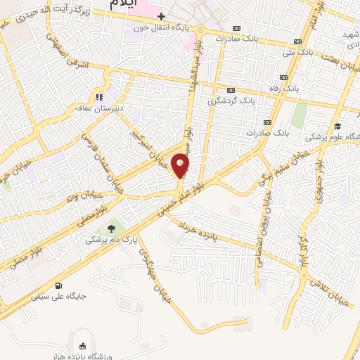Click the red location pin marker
(181, 166)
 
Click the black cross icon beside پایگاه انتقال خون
(161, 15)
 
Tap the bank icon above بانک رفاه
(284, 77)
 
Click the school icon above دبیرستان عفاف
(99, 97)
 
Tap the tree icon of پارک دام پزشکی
(111, 227)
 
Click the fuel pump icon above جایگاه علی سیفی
(57, 285)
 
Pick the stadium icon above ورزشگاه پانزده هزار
(82, 345)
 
